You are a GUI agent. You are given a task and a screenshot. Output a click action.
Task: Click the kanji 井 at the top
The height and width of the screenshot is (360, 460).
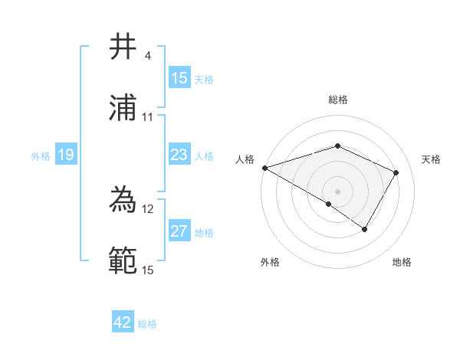[x=123, y=47]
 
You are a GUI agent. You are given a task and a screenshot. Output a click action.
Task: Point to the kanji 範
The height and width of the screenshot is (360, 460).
[x=123, y=261]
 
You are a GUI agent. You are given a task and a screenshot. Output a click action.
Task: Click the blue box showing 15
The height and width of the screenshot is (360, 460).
[x=179, y=78]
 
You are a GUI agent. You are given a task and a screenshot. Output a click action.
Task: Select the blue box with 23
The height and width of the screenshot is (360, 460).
[x=179, y=155]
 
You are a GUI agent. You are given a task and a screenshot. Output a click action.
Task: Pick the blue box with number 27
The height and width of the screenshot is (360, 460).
[x=179, y=231]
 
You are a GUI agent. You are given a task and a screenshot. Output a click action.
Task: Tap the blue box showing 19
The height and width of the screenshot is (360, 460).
[x=66, y=155]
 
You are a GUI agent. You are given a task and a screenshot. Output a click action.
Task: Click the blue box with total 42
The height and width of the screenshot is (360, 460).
[x=123, y=322]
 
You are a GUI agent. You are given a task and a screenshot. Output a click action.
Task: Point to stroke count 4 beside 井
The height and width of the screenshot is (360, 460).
[x=148, y=56]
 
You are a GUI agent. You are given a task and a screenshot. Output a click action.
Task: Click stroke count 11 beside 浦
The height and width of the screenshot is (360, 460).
[x=148, y=117]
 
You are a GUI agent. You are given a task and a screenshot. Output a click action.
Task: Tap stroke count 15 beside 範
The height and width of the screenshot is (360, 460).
[x=148, y=270]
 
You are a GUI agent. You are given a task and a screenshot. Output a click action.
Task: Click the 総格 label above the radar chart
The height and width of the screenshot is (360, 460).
[x=337, y=100]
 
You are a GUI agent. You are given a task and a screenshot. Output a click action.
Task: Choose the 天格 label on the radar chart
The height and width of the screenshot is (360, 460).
[x=431, y=159]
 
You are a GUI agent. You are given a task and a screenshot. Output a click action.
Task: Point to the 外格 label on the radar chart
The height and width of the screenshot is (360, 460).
[x=270, y=262]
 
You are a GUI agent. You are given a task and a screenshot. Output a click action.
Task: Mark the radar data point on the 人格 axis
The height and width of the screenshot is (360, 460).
[x=264, y=168]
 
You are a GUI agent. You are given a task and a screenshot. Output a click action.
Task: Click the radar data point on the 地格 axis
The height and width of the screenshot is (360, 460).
[x=365, y=229]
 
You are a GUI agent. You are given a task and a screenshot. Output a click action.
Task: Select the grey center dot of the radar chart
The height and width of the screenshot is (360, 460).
[x=337, y=191]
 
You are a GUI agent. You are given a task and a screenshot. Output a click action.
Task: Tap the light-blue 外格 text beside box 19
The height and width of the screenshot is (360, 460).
[x=41, y=155]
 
